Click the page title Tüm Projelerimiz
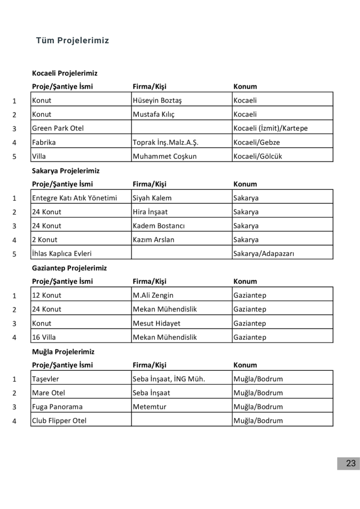[x=73, y=41]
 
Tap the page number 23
[x=351, y=463]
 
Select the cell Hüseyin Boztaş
[x=157, y=100]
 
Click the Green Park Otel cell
[x=58, y=128]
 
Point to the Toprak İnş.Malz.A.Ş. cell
[x=166, y=142]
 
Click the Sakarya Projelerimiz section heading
[x=66, y=170]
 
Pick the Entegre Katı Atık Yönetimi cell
[x=74, y=198]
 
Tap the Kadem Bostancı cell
[x=159, y=226]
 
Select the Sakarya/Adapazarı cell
[x=264, y=254]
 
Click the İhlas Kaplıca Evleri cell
[x=62, y=254]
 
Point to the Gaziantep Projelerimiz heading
[x=69, y=268]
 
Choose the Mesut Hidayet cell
[x=157, y=323]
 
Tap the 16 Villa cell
[x=44, y=337]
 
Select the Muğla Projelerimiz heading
[x=63, y=351]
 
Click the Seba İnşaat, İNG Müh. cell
[x=169, y=379]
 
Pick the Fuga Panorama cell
[x=57, y=407]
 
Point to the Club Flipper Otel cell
[x=59, y=421]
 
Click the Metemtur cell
[x=150, y=407]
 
